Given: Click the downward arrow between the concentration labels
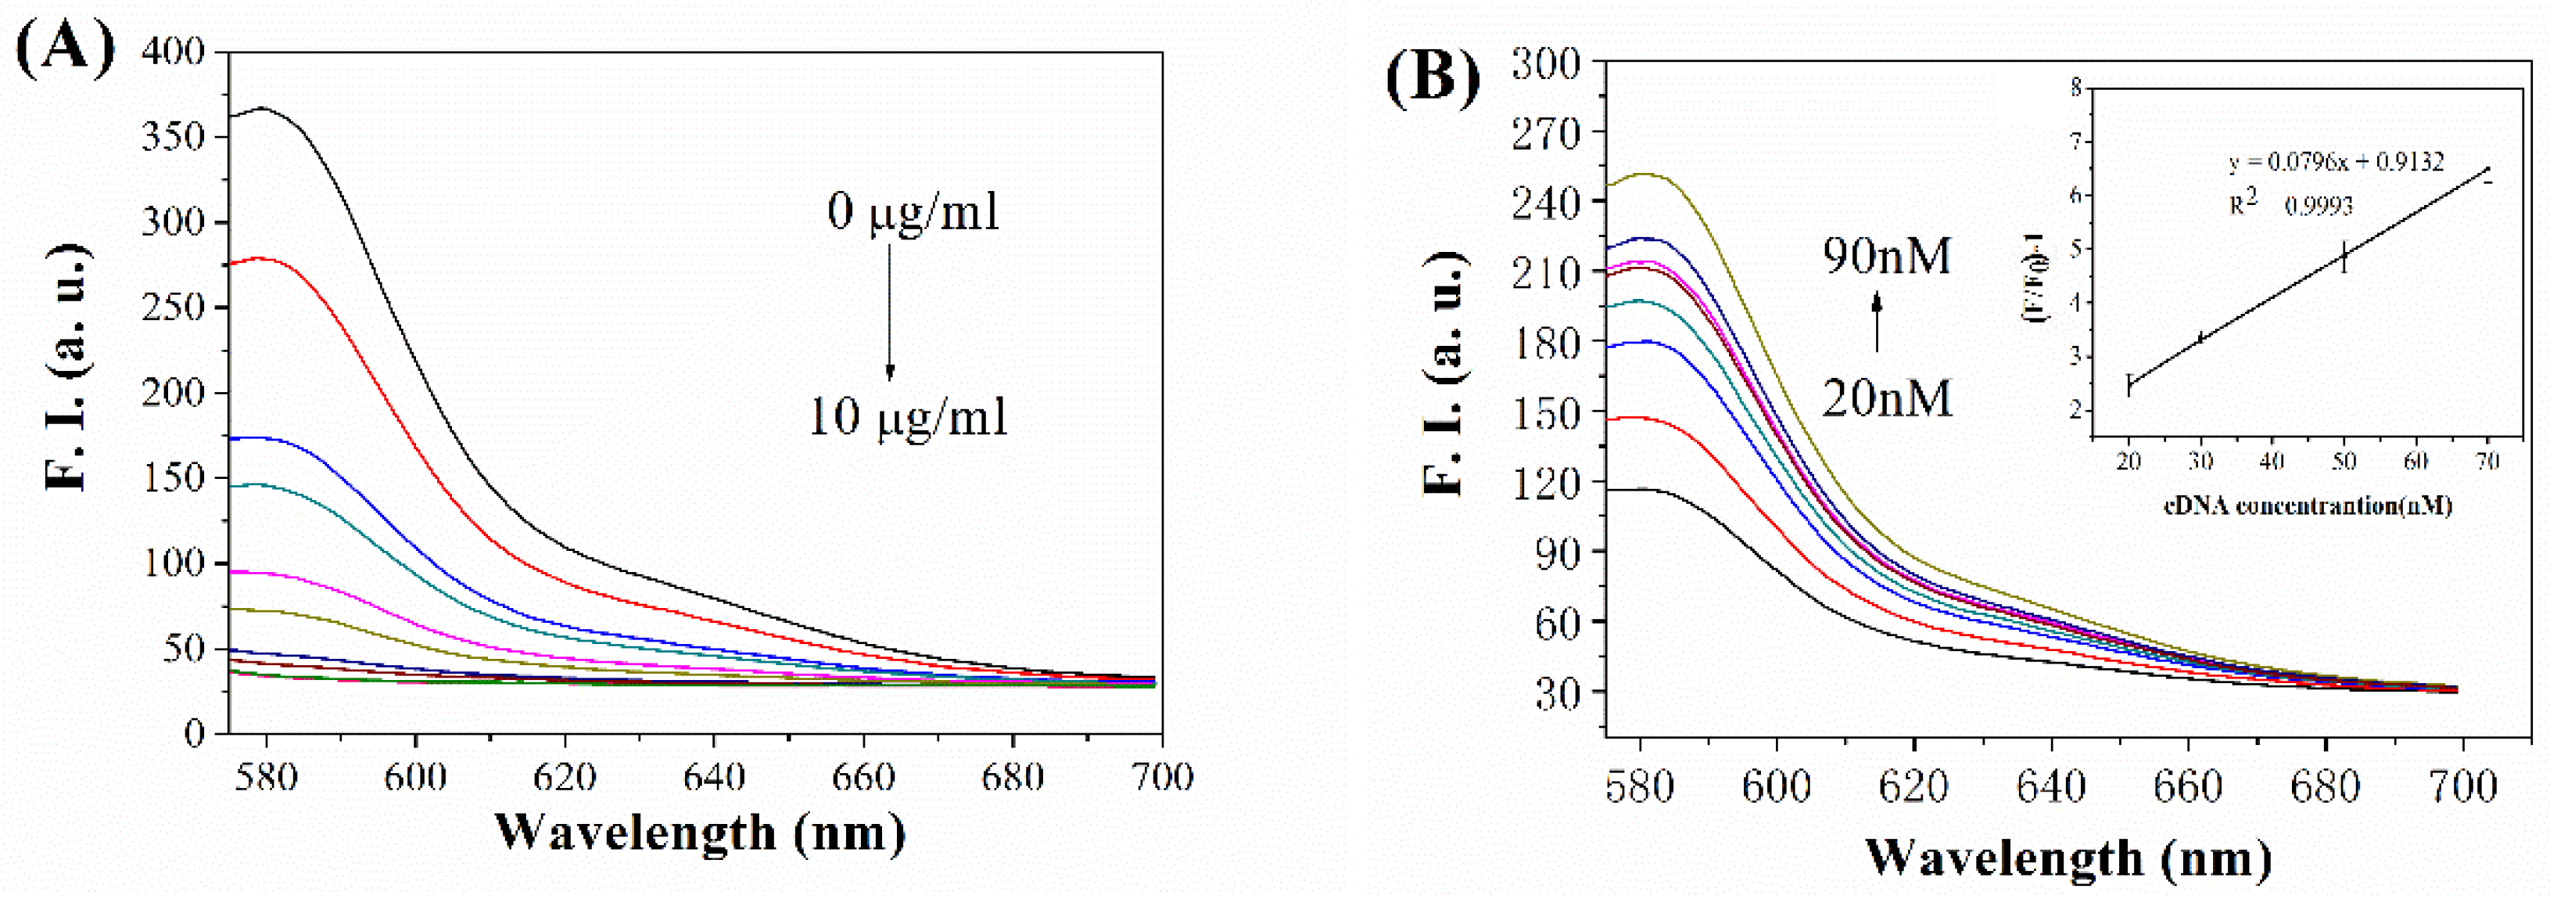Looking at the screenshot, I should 889,312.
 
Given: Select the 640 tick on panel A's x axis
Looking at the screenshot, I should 714,776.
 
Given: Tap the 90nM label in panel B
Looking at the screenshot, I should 1887,255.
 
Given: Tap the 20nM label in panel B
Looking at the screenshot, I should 1887,399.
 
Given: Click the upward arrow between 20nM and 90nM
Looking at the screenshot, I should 1876,327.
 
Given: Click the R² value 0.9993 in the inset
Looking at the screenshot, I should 2319,205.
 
